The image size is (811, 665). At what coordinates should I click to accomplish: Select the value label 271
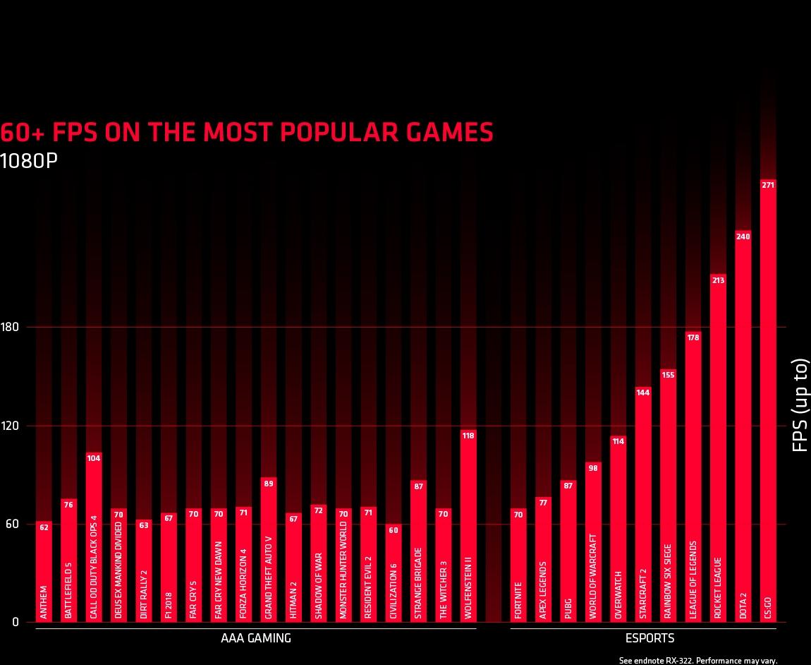[768, 185]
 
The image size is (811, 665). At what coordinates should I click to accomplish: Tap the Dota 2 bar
[743, 426]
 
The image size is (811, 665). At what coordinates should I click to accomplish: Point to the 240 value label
[743, 236]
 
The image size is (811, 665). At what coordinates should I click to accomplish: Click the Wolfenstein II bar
[468, 526]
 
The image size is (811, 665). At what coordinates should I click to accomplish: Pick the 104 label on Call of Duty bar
[94, 458]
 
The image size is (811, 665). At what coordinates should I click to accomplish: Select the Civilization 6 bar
[394, 573]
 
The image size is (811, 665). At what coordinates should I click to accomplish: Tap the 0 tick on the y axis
[15, 622]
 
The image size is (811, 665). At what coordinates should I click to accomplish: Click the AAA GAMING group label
[256, 638]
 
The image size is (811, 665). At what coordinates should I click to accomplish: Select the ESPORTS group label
[650, 638]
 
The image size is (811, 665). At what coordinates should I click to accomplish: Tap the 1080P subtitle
[28, 161]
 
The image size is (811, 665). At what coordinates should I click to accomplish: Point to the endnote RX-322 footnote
[698, 661]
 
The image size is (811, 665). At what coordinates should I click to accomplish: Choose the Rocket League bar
[719, 448]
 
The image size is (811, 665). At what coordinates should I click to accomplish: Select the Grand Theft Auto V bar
[269, 549]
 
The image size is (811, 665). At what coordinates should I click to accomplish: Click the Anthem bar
[44, 571]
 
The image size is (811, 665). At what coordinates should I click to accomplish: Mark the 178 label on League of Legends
[694, 337]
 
